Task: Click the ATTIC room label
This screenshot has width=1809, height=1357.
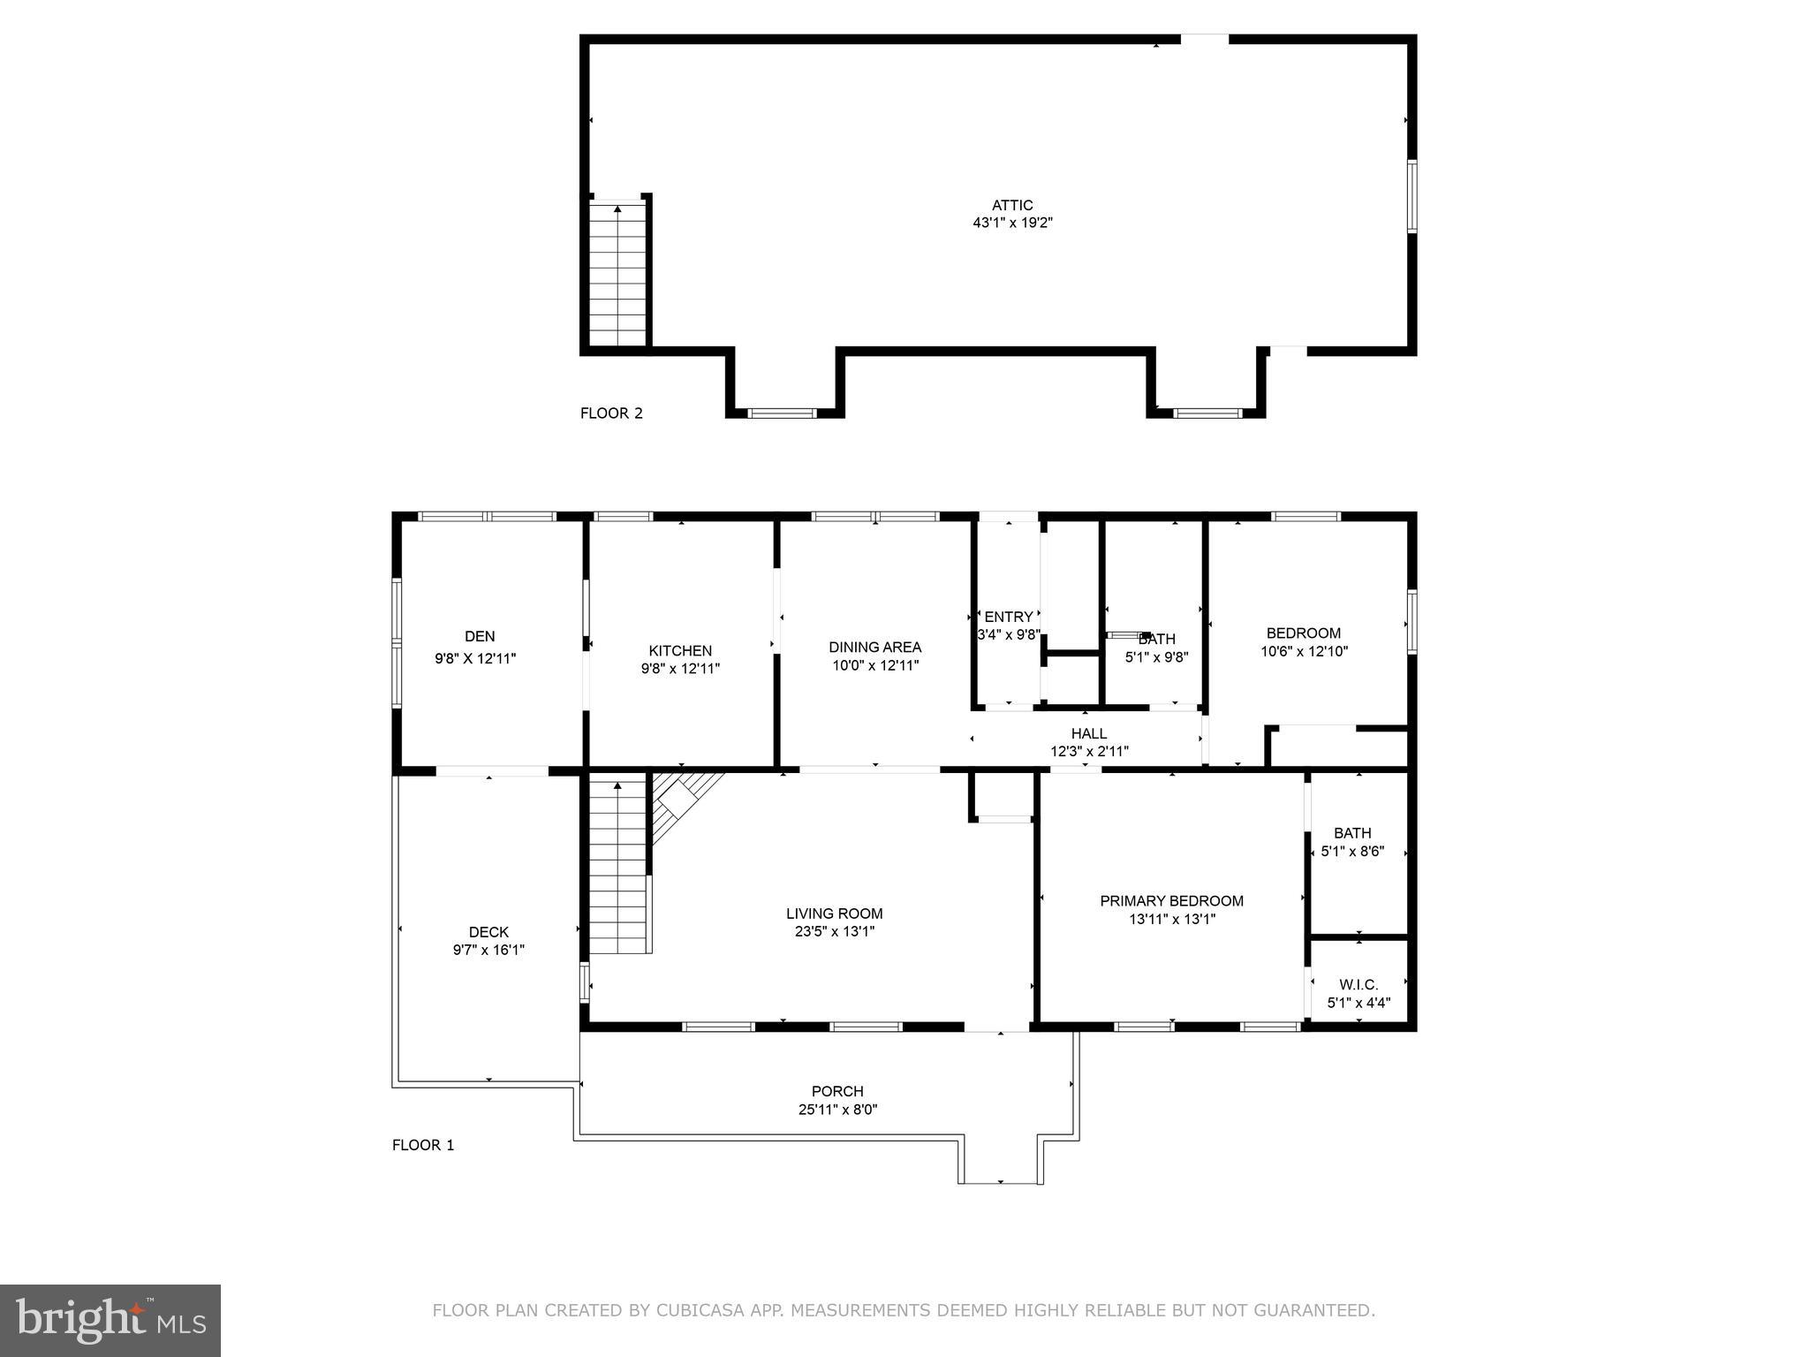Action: (1011, 205)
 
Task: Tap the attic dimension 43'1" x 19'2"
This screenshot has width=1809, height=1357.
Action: (1012, 224)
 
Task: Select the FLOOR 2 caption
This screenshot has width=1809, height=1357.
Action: (611, 413)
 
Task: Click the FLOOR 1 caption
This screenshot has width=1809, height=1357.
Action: (423, 1145)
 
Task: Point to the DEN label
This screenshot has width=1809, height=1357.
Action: (480, 636)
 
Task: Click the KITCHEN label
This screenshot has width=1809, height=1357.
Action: (680, 650)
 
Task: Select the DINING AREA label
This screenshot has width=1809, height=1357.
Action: (874, 647)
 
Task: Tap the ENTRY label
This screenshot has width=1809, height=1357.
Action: (1008, 617)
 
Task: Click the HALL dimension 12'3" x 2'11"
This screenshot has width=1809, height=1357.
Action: (1089, 752)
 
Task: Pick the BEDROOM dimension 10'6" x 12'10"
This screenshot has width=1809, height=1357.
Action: (1304, 652)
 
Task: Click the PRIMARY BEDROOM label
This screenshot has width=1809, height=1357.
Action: (1171, 900)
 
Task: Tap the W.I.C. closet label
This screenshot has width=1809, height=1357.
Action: (1359, 984)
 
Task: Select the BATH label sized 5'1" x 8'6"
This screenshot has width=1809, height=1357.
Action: (1352, 833)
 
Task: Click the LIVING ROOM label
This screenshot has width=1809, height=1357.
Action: (835, 914)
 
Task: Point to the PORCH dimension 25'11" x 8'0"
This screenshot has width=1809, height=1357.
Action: (837, 1110)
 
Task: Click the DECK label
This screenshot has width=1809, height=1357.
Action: (488, 932)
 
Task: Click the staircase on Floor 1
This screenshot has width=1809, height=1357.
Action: (618, 870)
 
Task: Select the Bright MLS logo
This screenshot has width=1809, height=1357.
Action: (110, 1320)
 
